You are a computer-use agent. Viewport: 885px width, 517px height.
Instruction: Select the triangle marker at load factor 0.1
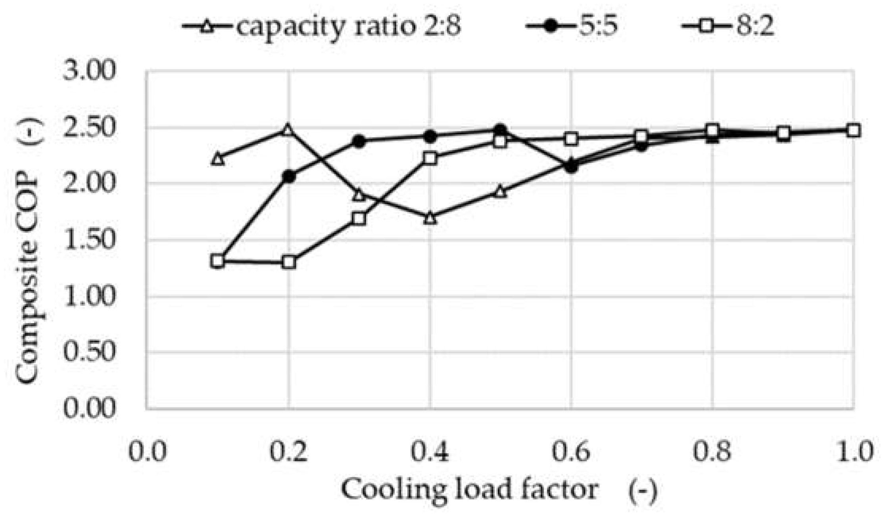218,159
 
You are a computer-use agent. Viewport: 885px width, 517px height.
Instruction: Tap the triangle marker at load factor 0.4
430,218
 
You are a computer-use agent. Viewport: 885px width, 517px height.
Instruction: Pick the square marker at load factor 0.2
289,262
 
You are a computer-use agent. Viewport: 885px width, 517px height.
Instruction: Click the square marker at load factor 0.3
359,218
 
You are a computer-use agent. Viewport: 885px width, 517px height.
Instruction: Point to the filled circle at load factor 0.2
289,176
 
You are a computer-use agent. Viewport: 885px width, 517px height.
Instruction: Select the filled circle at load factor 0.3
359,142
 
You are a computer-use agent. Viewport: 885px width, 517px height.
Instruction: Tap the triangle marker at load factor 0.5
501,191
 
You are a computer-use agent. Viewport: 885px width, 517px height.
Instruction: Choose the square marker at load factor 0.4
430,158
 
